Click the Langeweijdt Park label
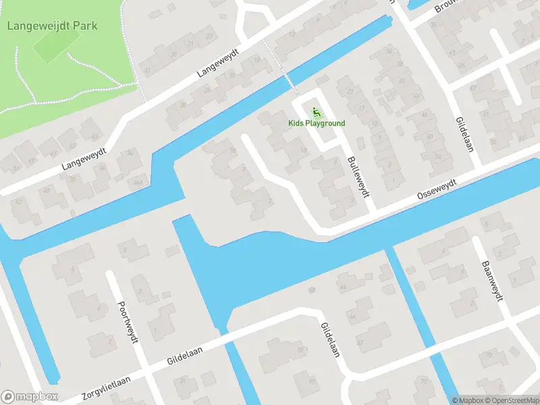tap(52, 26)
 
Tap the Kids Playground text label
tap(317, 123)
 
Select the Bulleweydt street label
tap(359, 177)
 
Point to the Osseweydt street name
tap(437, 188)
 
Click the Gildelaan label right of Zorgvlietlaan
tap(186, 356)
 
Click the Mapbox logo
tap(29, 397)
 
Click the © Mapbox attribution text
tap(468, 400)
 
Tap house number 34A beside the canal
tap(138, 182)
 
